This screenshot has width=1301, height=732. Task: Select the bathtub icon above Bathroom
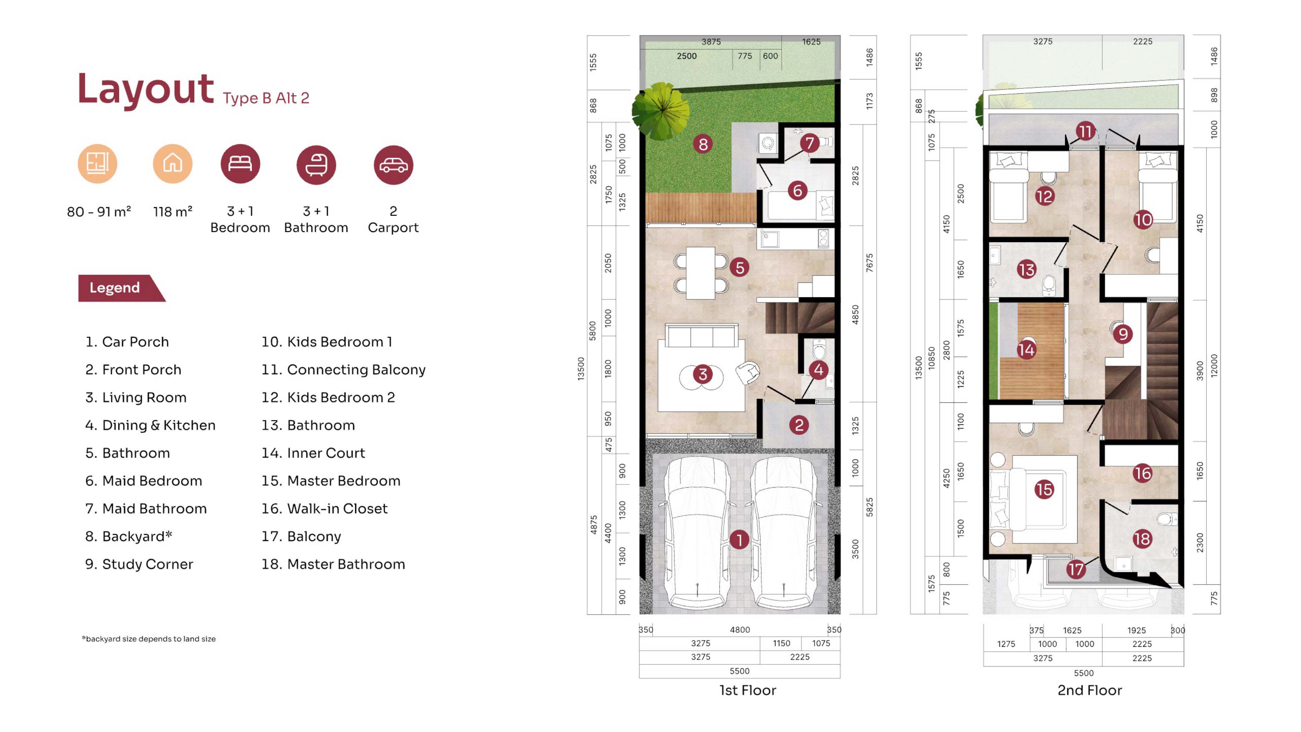(x=316, y=165)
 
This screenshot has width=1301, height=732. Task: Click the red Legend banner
(x=121, y=288)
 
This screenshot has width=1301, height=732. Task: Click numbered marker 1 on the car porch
(x=739, y=539)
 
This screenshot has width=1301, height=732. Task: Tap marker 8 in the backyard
(x=703, y=144)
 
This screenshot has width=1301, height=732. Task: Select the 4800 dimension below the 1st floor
(x=740, y=630)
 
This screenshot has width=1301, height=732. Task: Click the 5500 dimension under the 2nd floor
(x=1084, y=673)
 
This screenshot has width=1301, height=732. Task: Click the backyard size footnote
(x=149, y=639)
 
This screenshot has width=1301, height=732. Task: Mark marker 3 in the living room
(x=703, y=374)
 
